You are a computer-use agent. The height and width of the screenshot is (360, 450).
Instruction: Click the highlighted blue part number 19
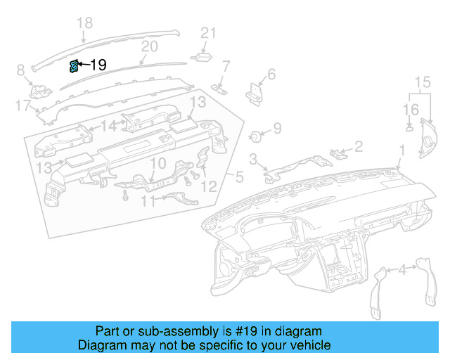pyautogui.click(x=73, y=66)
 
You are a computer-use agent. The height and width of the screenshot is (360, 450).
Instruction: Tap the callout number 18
pyautogui.click(x=84, y=24)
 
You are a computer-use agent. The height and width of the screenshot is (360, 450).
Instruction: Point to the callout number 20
pyautogui.click(x=149, y=47)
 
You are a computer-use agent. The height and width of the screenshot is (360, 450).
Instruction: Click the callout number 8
pyautogui.click(x=20, y=70)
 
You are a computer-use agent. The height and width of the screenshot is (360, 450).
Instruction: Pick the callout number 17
pyautogui.click(x=22, y=105)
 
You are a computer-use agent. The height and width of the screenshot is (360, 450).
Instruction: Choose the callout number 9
pyautogui.click(x=277, y=129)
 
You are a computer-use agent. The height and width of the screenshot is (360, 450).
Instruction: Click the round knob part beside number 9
pyautogui.click(x=257, y=135)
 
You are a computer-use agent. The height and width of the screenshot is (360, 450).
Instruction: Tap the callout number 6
pyautogui.click(x=271, y=74)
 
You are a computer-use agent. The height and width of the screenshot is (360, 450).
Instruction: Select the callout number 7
pyautogui.click(x=226, y=67)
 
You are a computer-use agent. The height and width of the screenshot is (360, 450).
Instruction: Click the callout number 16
pyautogui.click(x=411, y=110)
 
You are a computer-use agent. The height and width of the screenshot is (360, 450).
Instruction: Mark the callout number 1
pyautogui.click(x=402, y=150)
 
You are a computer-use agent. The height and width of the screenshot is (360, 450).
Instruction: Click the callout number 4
pyautogui.click(x=402, y=269)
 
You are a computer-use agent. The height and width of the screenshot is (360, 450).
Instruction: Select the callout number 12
pyautogui.click(x=209, y=186)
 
